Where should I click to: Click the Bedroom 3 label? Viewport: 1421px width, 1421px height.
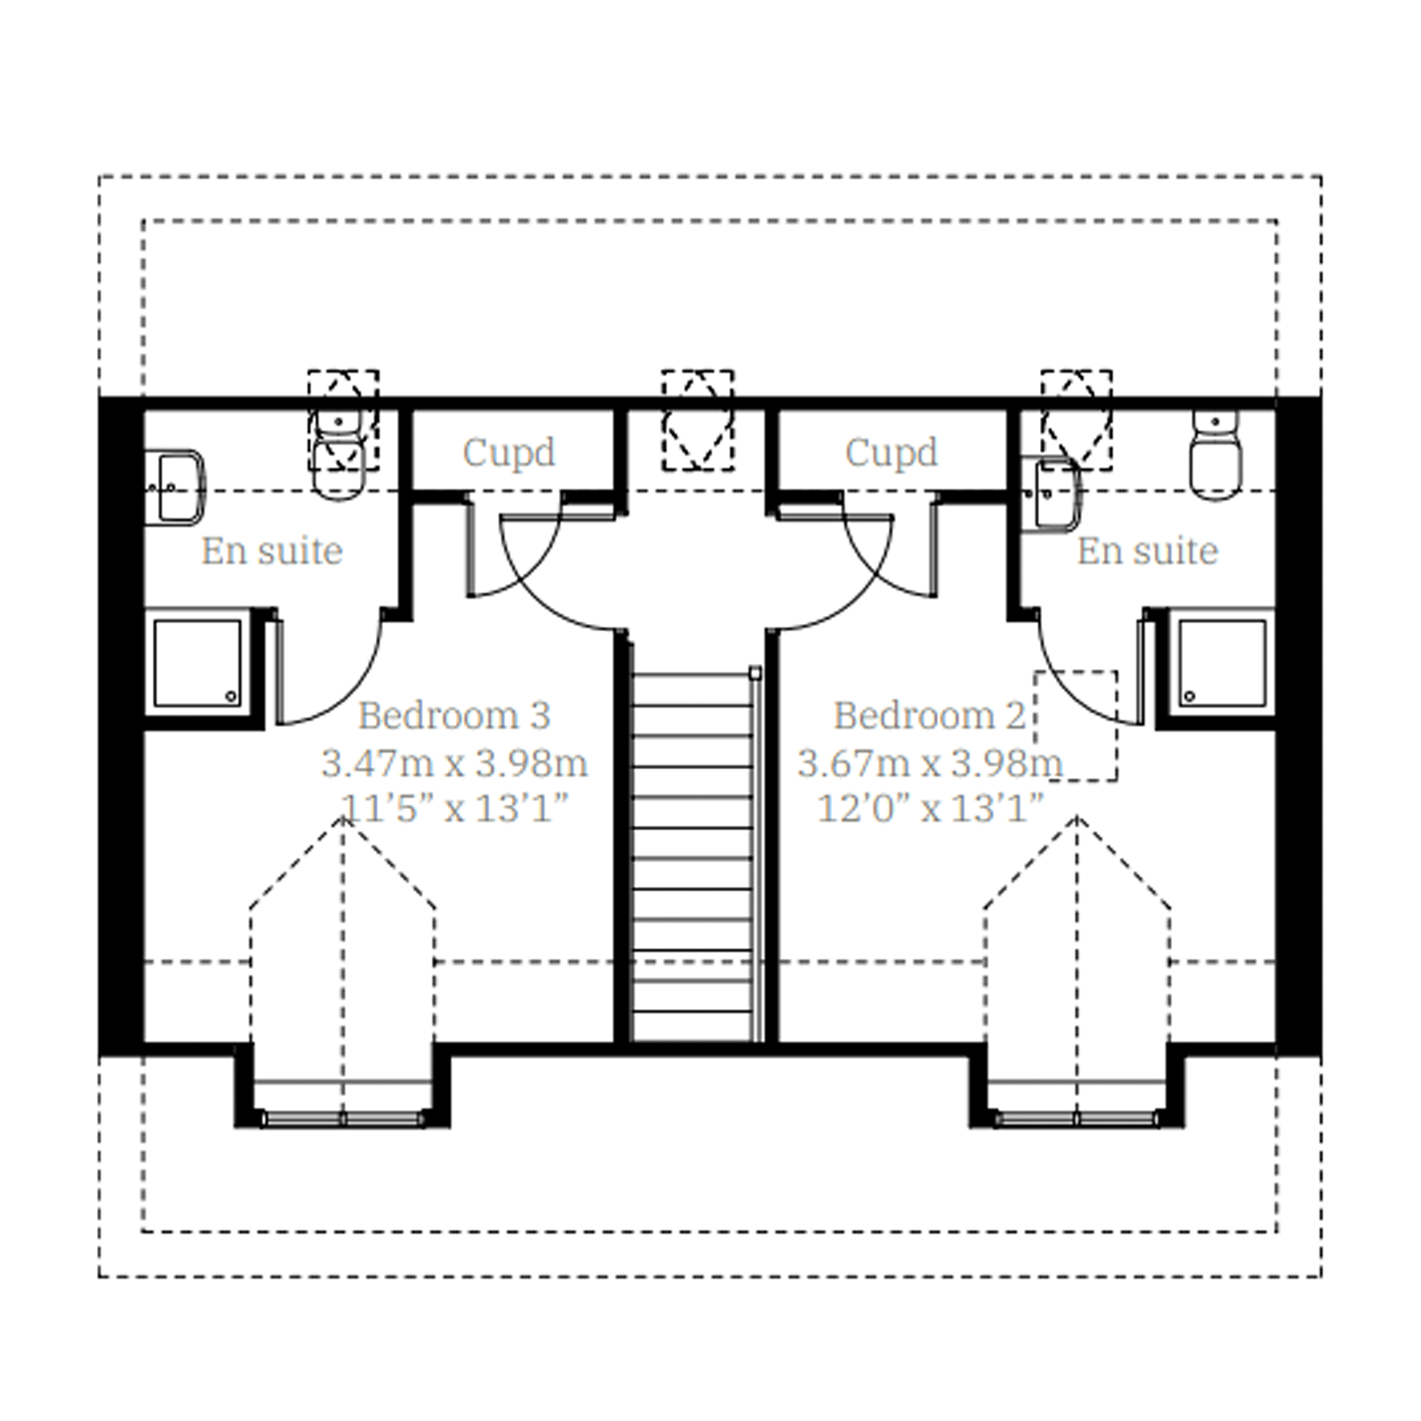[454, 716]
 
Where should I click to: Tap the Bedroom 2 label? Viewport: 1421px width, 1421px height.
[929, 716]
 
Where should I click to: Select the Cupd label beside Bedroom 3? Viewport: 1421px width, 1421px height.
[509, 453]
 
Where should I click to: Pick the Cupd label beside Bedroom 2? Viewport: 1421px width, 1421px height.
[891, 453]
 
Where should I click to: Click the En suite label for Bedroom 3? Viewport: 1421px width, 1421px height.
[272, 551]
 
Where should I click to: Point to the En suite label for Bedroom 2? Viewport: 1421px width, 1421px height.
[1147, 551]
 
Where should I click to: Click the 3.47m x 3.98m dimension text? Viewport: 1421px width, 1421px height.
[455, 763]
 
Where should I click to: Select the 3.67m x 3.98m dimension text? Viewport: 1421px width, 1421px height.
[930, 763]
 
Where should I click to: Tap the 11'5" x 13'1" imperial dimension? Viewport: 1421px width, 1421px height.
[455, 810]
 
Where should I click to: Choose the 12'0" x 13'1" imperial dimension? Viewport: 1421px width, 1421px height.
[930, 810]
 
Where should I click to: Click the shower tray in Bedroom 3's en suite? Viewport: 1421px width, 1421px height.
[198, 663]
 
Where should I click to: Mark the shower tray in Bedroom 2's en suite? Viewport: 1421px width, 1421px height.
[1222, 663]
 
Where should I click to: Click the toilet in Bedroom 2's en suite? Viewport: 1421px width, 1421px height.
[1215, 456]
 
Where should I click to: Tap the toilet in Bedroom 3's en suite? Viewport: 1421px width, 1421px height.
[339, 456]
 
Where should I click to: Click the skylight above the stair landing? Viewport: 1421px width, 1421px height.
[698, 420]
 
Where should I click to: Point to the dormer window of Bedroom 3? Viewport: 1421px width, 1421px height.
[342, 1119]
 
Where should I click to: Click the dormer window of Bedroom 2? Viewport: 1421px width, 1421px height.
[1076, 1119]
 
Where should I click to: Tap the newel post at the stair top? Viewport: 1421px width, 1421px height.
[754, 673]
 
